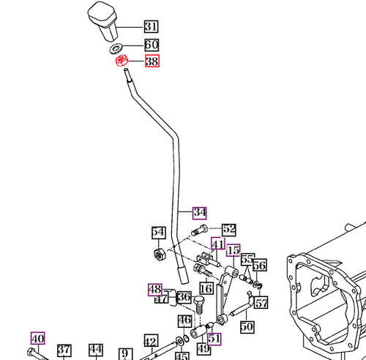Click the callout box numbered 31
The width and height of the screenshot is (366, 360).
point(152,26)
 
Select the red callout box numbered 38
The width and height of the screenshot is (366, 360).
point(152,61)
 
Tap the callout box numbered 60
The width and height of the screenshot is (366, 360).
point(152,45)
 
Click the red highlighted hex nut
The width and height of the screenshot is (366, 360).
point(122,61)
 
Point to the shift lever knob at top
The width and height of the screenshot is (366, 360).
point(102,20)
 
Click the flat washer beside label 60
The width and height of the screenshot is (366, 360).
point(116,48)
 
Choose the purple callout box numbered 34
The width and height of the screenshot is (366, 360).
point(200,213)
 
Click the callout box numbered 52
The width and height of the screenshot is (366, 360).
point(229,230)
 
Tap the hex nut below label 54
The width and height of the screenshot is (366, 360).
point(160,255)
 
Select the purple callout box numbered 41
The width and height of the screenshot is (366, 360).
point(218,244)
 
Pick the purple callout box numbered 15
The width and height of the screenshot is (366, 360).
point(234,250)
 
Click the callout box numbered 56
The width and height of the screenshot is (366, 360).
point(260,265)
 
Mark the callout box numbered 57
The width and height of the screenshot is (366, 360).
point(261,302)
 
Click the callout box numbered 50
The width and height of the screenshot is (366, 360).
point(247,327)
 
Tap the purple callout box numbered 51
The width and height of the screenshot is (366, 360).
point(214,340)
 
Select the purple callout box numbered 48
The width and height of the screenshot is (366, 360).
point(155,290)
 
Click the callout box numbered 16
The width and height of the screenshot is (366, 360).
point(206,289)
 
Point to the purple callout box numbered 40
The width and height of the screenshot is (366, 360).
point(37,338)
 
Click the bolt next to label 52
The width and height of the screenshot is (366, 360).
point(199,230)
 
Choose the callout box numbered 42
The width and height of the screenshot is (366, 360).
point(151,341)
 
